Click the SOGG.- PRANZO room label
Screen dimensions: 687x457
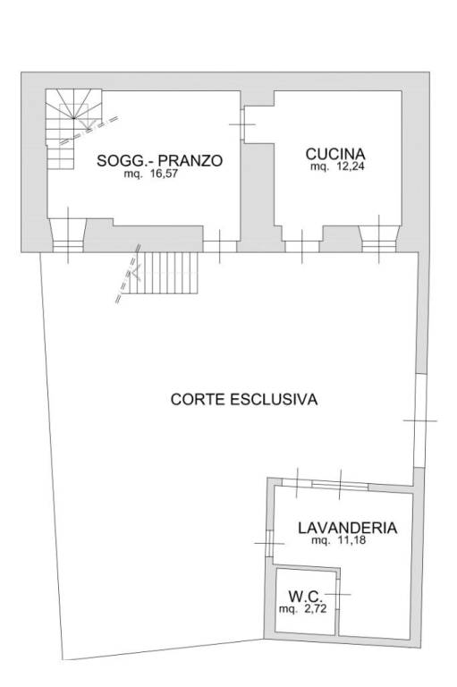pyautogui.click(x=159, y=161)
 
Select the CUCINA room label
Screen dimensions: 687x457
pyautogui.click(x=336, y=153)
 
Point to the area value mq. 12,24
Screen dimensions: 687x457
pyautogui.click(x=337, y=167)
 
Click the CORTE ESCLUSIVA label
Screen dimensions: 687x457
pyautogui.click(x=244, y=400)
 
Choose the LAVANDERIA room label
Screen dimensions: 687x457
pyautogui.click(x=348, y=528)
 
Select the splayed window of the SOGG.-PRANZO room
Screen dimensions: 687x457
pyautogui.click(x=69, y=237)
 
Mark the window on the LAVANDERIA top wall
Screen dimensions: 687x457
pyautogui.click(x=340, y=485)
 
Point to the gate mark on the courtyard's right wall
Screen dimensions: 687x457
pyautogui.click(x=419, y=420)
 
